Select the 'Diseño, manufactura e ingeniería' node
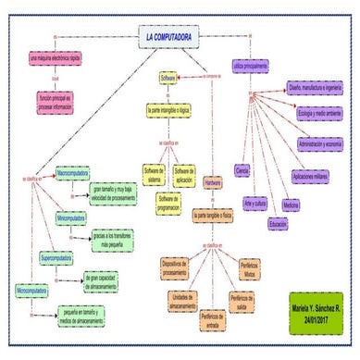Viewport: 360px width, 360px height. point(315,89)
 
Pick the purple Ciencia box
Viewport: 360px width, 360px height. point(242,170)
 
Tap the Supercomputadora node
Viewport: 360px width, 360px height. point(63,256)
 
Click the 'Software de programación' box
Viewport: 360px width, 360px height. point(168,204)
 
